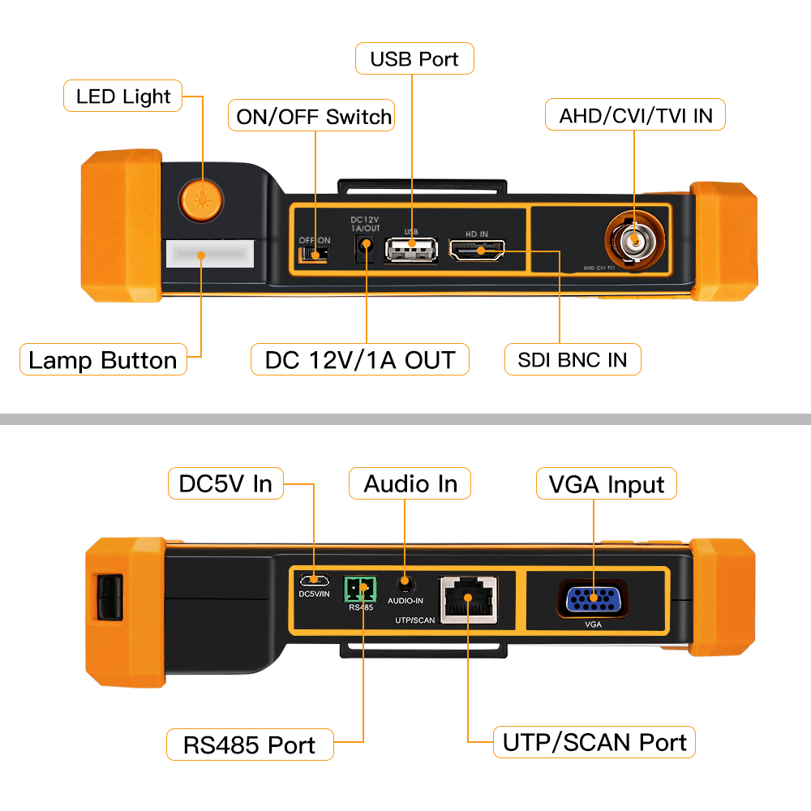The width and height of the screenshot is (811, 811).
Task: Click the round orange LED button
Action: tap(201, 200)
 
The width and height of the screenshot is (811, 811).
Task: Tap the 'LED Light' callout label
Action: tap(123, 97)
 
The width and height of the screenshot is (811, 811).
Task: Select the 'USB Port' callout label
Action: tap(414, 59)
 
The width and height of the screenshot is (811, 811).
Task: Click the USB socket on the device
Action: tap(411, 250)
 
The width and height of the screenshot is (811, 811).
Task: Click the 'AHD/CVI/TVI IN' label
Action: tap(635, 115)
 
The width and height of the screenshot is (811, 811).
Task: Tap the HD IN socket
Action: tap(477, 250)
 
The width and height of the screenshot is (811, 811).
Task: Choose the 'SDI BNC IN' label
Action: tap(573, 359)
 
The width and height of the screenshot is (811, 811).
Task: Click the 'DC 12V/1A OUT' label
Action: tap(360, 359)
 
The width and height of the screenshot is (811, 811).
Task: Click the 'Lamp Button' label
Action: tap(103, 359)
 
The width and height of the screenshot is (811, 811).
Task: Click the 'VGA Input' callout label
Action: tap(607, 484)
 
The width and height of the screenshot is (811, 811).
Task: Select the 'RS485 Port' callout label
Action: tap(250, 744)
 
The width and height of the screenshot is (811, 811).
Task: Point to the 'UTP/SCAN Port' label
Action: tap(594, 742)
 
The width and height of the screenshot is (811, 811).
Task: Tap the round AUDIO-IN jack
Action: tap(405, 583)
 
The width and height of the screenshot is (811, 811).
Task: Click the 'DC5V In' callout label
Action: tap(225, 484)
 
